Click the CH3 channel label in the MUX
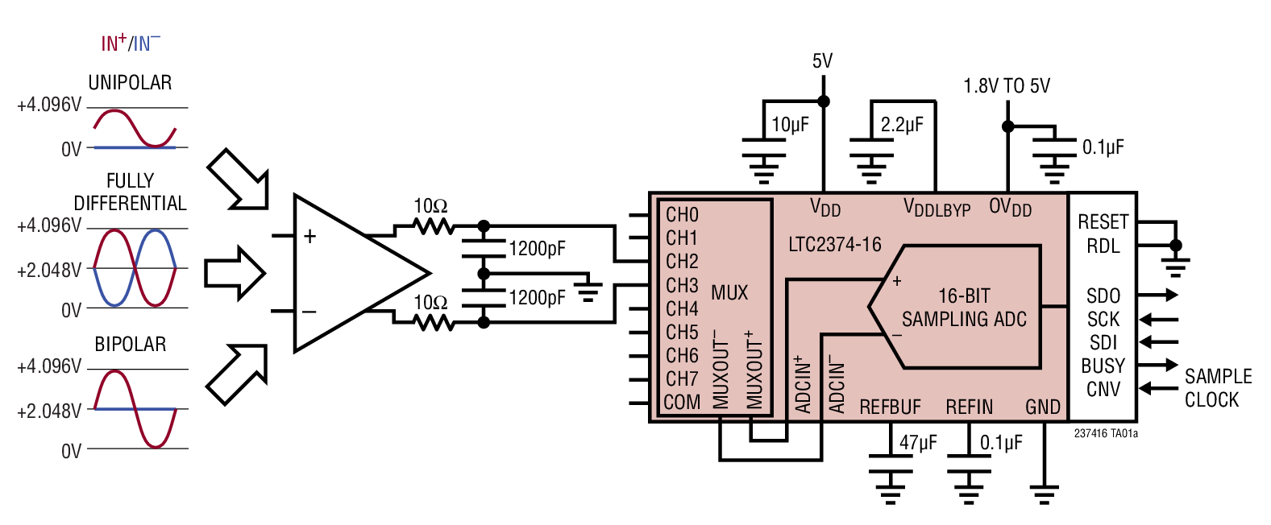coord(682,286)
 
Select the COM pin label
coord(682,402)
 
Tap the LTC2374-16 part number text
coord(835,245)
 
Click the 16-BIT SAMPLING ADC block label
coord(964,308)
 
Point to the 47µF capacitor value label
coord(918,443)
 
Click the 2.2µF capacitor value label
coord(902,125)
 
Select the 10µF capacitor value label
coord(790,125)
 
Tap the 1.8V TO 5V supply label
coord(1007,86)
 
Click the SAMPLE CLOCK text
coord(1217,388)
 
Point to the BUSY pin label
coord(1103,366)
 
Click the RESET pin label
coord(1103,221)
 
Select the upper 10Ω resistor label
coord(430,206)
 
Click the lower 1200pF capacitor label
coord(538,298)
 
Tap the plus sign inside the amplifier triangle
coord(309,236)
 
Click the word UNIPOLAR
coord(130,83)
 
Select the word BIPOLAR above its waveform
coord(130,345)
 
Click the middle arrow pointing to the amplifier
coord(235,273)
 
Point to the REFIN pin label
coord(969,407)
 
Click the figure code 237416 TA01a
coord(1106,433)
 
